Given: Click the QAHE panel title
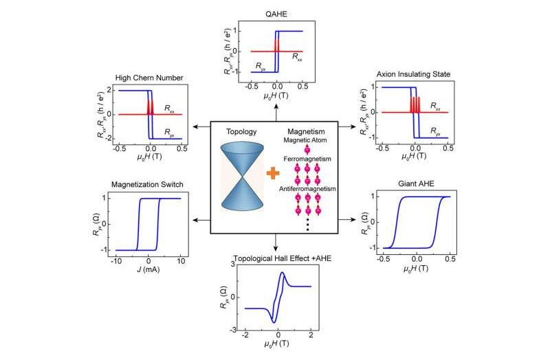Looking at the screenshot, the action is pyautogui.click(x=276, y=14).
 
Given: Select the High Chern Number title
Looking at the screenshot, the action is pyautogui.click(x=149, y=78).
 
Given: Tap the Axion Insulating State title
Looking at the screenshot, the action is pyautogui.click(x=414, y=74).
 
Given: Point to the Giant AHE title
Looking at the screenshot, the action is pyautogui.click(x=416, y=183).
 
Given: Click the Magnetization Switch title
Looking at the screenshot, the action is pyautogui.click(x=147, y=184).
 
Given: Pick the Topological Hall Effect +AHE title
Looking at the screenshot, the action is pyautogui.click(x=283, y=259).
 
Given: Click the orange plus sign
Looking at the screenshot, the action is pyautogui.click(x=273, y=173).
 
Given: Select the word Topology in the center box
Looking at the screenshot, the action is pyautogui.click(x=241, y=132).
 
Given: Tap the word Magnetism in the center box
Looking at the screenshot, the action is pyautogui.click(x=306, y=132).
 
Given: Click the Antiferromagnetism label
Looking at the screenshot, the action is pyautogui.click(x=307, y=189).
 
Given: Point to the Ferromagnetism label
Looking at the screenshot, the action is pyautogui.click(x=307, y=159).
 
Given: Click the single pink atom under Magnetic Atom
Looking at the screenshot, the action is pyautogui.click(x=307, y=150).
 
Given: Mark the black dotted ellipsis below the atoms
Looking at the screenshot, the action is pyautogui.click(x=307, y=224).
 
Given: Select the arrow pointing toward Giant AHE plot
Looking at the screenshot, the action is pyautogui.click(x=347, y=219).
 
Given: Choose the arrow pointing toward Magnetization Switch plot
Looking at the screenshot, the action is pyautogui.click(x=201, y=220).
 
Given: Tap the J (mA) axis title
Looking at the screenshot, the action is pyautogui.click(x=148, y=269).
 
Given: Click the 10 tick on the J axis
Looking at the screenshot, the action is pyautogui.click(x=181, y=261).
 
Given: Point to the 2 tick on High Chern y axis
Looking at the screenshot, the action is pyautogui.click(x=109, y=90).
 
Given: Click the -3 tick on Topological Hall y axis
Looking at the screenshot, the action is pyautogui.click(x=232, y=330).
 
